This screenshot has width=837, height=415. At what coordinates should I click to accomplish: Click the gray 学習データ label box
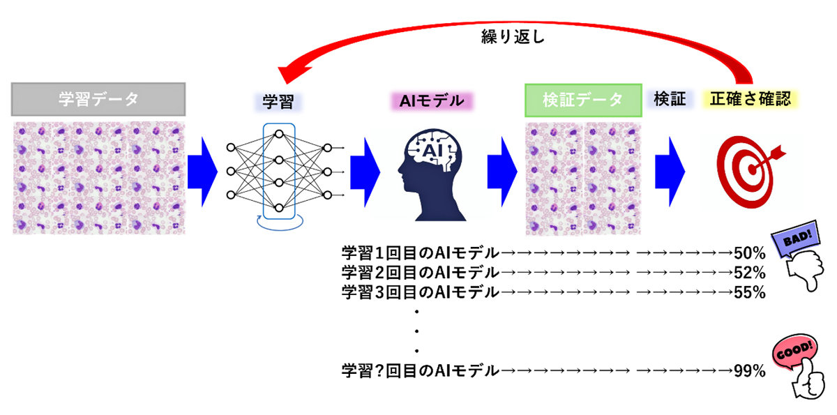98,99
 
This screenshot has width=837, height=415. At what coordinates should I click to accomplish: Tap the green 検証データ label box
582,100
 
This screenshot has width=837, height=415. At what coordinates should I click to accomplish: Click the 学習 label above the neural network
278,100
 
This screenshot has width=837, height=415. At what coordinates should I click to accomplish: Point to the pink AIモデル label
430,100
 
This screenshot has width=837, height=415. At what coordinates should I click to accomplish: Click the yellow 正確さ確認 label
751,99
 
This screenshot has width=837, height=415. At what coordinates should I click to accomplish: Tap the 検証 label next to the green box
670,99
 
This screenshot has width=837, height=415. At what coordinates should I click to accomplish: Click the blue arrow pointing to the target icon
670,172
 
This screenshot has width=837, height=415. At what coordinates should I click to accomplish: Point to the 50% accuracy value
751,252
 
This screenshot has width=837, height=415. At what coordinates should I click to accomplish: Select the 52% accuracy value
751,272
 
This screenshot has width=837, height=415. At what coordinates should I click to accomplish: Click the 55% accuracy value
751,292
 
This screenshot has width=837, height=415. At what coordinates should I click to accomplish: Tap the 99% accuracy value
751,371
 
